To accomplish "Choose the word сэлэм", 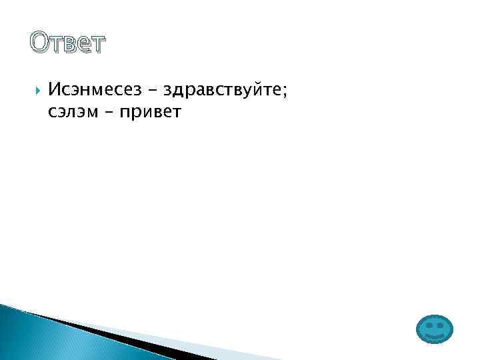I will coord(72,111).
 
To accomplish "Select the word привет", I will coord(149,112).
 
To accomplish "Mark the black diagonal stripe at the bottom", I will coord(113,337).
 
